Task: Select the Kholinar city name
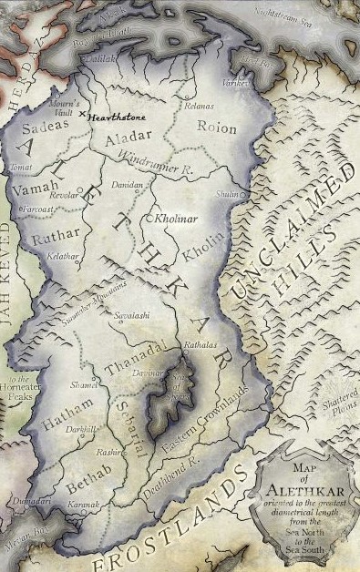coord(170,220)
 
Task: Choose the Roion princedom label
coord(216,128)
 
